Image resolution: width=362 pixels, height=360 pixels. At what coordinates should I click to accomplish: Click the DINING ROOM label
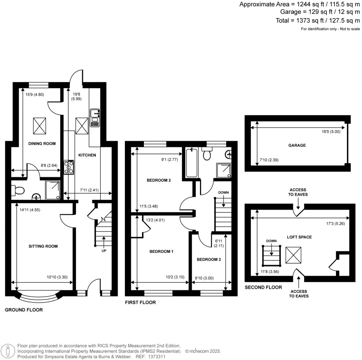(x=42, y=143)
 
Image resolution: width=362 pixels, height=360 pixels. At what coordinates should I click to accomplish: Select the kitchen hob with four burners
(x=69, y=168)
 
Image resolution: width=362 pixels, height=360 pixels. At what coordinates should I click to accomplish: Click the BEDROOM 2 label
(x=159, y=180)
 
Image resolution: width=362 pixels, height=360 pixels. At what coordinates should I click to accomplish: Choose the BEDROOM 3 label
(x=209, y=259)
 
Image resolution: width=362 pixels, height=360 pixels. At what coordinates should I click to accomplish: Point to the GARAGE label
(x=297, y=145)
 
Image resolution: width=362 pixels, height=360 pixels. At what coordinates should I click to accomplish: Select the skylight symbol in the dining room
(x=40, y=125)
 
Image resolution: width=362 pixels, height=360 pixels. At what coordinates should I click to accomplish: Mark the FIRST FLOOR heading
(x=140, y=303)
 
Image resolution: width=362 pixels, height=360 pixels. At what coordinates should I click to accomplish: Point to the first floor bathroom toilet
(x=207, y=155)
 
